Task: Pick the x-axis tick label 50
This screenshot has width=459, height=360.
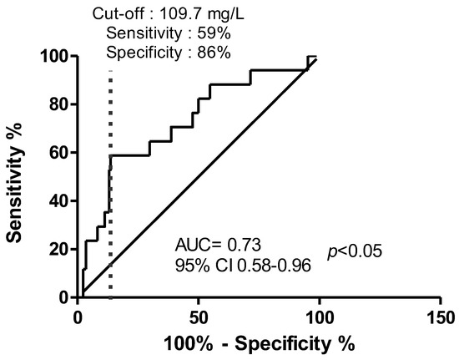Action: coord(198,317)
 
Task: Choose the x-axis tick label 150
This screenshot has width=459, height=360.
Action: coord(439,317)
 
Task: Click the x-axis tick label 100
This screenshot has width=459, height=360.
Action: coord(319,317)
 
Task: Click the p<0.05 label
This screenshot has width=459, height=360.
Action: coord(354,251)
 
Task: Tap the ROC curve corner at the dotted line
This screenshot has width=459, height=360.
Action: coord(111,155)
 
